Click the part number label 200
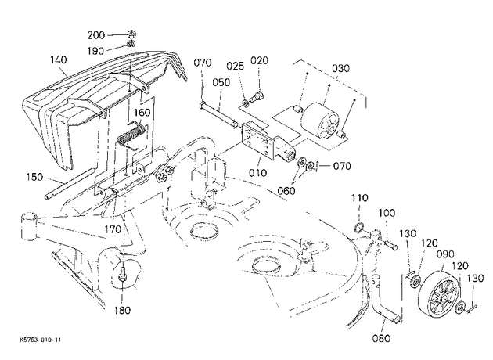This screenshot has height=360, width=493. click(x=96, y=35)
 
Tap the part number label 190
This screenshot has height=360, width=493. click(x=95, y=51)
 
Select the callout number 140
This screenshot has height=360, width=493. click(x=59, y=59)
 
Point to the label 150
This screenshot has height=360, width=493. click(x=34, y=177)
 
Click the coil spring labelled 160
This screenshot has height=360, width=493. click(x=131, y=136)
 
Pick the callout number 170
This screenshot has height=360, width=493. click(x=112, y=229)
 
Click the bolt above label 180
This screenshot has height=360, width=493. click(x=121, y=274)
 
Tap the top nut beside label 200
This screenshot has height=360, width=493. click(x=131, y=33)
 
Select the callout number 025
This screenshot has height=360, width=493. click(x=236, y=66)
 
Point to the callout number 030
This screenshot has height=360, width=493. click(x=341, y=68)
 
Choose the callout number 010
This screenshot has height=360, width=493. click(x=257, y=173)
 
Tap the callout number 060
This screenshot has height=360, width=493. click(x=286, y=190)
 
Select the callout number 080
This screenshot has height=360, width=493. click(x=381, y=338)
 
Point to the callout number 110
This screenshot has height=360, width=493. click(x=359, y=198)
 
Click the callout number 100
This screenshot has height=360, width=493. click(x=387, y=213)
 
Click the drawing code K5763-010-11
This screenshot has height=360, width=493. click(x=40, y=340)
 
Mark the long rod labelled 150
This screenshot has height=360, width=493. click(x=69, y=184)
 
